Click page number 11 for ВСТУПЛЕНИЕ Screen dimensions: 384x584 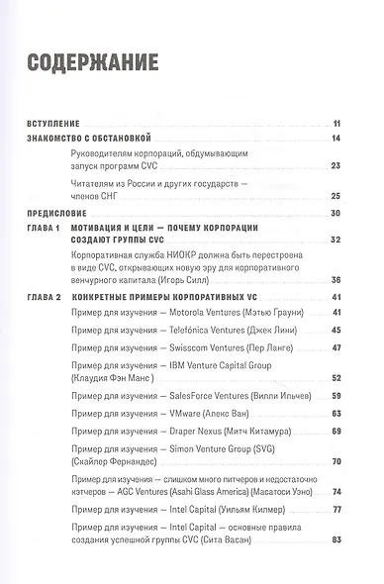point(337,121)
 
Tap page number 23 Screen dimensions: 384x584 point(337,165)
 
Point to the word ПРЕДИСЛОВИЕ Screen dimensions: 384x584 point(55,214)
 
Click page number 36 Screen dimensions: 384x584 point(337,280)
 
